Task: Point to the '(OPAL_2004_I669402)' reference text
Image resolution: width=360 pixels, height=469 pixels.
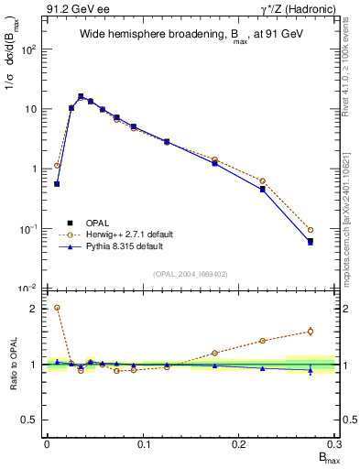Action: click(190, 273)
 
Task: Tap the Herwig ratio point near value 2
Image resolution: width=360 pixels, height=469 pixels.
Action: click(57, 308)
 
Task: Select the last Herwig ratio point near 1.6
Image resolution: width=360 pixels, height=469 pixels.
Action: click(311, 332)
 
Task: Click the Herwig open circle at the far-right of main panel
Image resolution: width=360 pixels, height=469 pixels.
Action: click(311, 230)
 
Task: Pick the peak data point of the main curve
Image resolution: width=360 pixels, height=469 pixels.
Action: click(81, 96)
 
